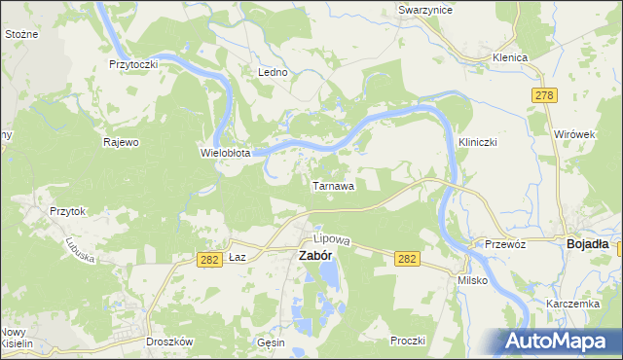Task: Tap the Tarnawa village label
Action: pyautogui.click(x=333, y=184)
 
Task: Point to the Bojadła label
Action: pyautogui.click(x=588, y=245)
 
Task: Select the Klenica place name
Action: pyautogui.click(x=509, y=58)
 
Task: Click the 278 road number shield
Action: pyautogui.click(x=544, y=93)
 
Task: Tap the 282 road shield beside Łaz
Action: pyautogui.click(x=206, y=259)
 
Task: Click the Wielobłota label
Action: pyautogui.click(x=226, y=153)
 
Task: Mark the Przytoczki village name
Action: pyautogui.click(x=133, y=63)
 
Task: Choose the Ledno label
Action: pyautogui.click(x=271, y=73)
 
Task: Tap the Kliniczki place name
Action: pyautogui.click(x=478, y=142)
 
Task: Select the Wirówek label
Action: pyautogui.click(x=573, y=132)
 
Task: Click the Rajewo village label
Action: pyautogui.click(x=122, y=142)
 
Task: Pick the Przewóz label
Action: pyautogui.click(x=506, y=245)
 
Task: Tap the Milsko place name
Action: pyautogui.click(x=472, y=280)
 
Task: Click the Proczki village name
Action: pyautogui.click(x=409, y=340)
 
